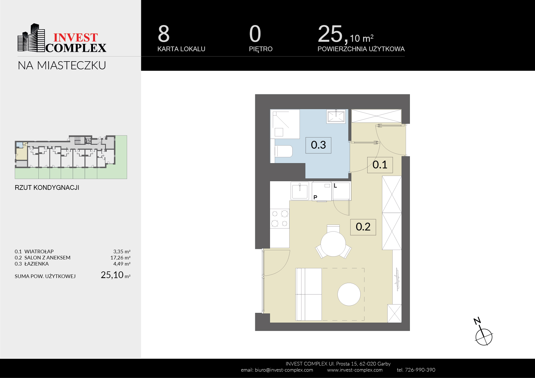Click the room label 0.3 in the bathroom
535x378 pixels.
tap(318, 145)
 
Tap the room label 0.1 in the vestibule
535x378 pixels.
tap(380, 165)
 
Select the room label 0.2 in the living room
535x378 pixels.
tap(363, 227)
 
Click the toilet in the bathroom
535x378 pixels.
tap(283, 151)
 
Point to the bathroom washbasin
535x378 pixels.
tap(336, 116)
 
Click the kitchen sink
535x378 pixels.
tap(300, 191)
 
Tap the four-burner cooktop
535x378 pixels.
tap(279, 219)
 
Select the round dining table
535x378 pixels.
tap(333, 244)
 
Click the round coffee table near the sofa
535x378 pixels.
tap(349, 294)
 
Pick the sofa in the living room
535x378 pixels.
tap(308, 294)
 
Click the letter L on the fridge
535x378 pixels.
tap(335, 186)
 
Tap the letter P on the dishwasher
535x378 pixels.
tap(315, 197)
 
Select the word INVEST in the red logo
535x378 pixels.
tap(76, 38)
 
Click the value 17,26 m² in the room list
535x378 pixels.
tap(120, 258)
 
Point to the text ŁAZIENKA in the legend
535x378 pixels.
tap(37, 264)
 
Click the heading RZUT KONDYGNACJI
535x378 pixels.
tap(47, 188)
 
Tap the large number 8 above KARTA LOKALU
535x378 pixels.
tap(164, 34)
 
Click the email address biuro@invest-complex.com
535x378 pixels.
tap(284, 370)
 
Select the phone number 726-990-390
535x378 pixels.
tap(420, 370)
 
